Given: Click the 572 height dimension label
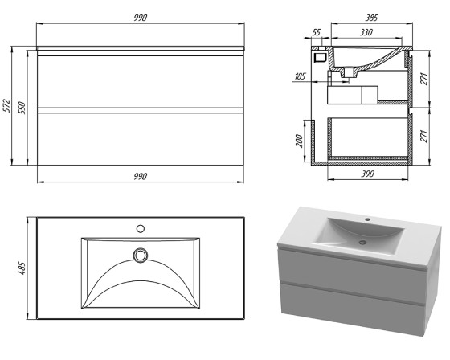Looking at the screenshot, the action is (x=7, y=105).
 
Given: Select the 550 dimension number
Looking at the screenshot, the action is (x=22, y=108).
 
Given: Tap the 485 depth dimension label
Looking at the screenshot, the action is (x=22, y=268).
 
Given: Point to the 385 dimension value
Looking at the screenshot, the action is (x=371, y=18).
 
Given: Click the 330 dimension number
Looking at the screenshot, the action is (x=366, y=32).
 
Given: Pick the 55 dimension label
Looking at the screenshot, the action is (x=316, y=32).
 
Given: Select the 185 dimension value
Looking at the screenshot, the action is (x=301, y=76).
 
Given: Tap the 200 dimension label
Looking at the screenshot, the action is (x=299, y=141).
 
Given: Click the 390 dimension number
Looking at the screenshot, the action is (x=368, y=174).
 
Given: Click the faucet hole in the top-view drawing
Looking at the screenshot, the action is (x=141, y=229).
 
